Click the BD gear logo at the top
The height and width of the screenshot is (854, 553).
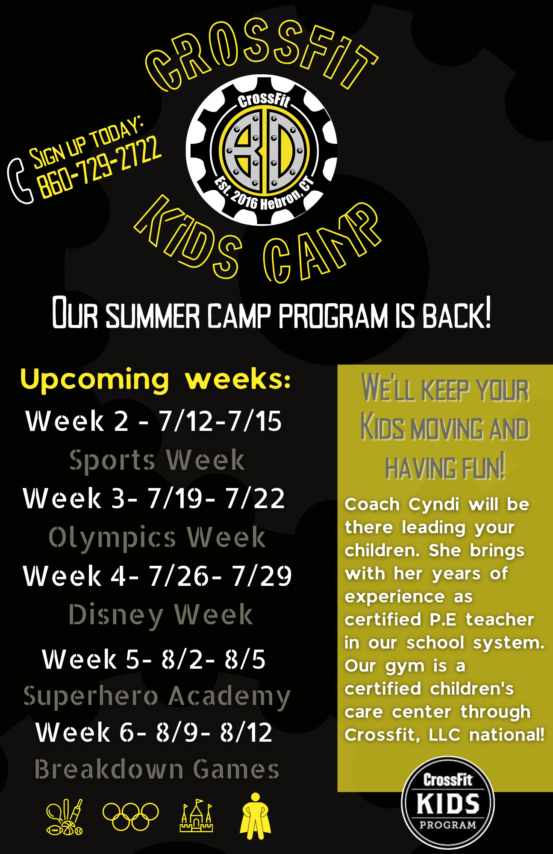[x=262, y=150]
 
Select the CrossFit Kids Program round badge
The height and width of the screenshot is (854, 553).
[x=447, y=803]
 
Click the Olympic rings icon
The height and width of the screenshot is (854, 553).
[x=130, y=816]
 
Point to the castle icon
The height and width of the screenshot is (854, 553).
[x=196, y=816]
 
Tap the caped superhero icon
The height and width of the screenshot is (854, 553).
[x=255, y=816]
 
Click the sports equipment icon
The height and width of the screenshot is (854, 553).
[x=65, y=816]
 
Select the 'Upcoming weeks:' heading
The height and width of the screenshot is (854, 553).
[x=156, y=379]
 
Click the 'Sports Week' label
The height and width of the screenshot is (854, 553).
[x=157, y=460]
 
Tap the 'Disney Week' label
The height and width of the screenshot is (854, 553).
[x=161, y=615]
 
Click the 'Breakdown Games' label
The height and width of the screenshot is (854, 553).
[x=157, y=769]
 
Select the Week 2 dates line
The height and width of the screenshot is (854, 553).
[x=154, y=421]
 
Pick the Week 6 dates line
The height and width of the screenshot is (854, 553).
[x=154, y=733]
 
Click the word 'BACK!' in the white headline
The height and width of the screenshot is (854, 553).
[x=456, y=313]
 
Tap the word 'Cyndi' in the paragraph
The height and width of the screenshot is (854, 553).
[x=434, y=505]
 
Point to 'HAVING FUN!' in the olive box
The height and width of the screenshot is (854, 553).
[x=445, y=467]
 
